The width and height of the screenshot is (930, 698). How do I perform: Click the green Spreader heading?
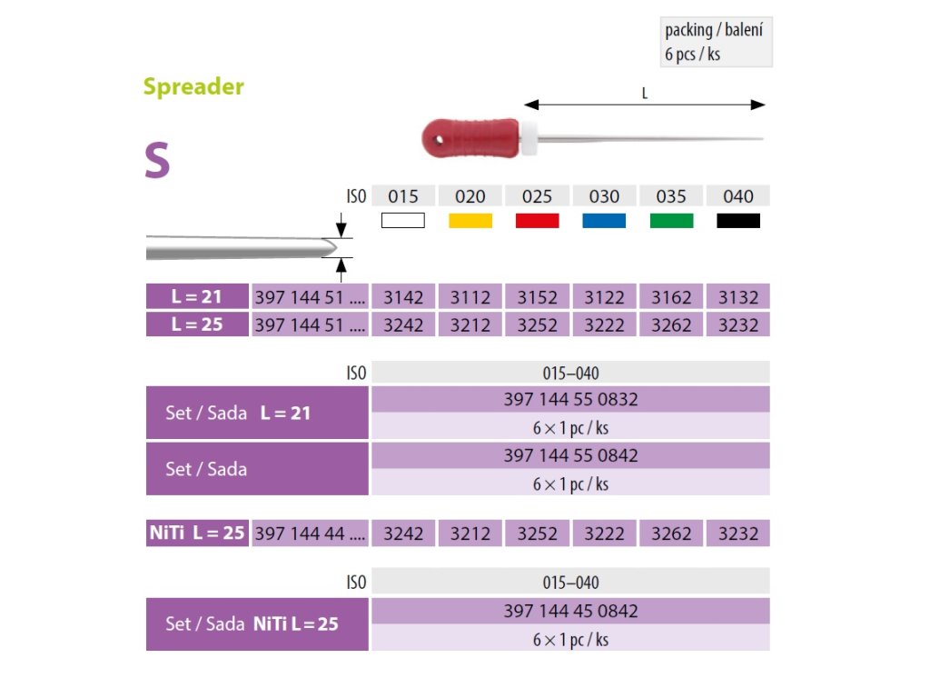[193, 87]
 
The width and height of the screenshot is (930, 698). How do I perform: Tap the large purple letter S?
[157, 161]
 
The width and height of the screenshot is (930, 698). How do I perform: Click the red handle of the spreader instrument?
[472, 136]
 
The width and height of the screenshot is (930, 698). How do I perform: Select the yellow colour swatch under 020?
[470, 220]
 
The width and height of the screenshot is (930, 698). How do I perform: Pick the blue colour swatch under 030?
[604, 220]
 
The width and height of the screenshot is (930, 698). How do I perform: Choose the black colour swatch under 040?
[738, 220]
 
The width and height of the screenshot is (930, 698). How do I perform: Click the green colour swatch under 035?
[671, 220]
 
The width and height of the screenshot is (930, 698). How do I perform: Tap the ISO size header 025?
[537, 196]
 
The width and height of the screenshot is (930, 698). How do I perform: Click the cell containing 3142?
[403, 297]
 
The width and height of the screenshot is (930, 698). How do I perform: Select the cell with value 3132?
[737, 297]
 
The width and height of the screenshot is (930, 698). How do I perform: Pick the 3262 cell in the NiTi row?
[671, 533]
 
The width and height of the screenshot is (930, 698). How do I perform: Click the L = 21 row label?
[197, 297]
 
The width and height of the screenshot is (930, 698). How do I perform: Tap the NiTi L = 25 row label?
[197, 533]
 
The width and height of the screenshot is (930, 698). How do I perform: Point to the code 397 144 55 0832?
[570, 399]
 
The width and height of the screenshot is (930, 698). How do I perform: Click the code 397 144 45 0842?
[570, 611]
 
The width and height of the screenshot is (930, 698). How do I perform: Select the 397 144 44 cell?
[310, 533]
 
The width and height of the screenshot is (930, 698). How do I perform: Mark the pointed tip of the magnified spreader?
[332, 244]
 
